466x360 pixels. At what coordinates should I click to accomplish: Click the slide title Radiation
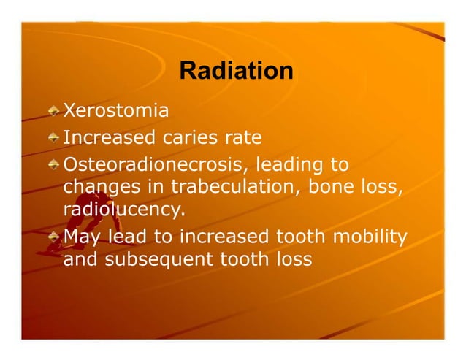(236, 72)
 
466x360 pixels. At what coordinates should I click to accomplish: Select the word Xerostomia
(116, 111)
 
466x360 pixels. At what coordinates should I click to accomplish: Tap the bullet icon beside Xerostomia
(55, 111)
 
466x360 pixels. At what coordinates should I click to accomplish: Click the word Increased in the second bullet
(110, 137)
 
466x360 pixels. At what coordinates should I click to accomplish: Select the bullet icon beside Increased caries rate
(55, 137)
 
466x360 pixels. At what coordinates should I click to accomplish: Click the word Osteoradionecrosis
(155, 163)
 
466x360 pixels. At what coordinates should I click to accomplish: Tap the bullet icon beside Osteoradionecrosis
(55, 163)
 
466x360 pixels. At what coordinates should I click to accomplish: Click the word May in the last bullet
(82, 236)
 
